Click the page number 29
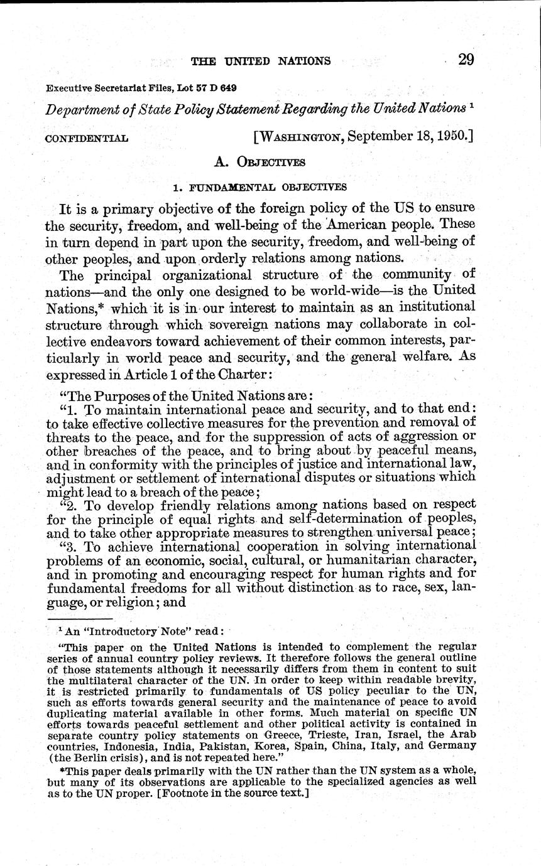pyautogui.click(x=466, y=60)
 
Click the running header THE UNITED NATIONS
pyautogui.click(x=260, y=61)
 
